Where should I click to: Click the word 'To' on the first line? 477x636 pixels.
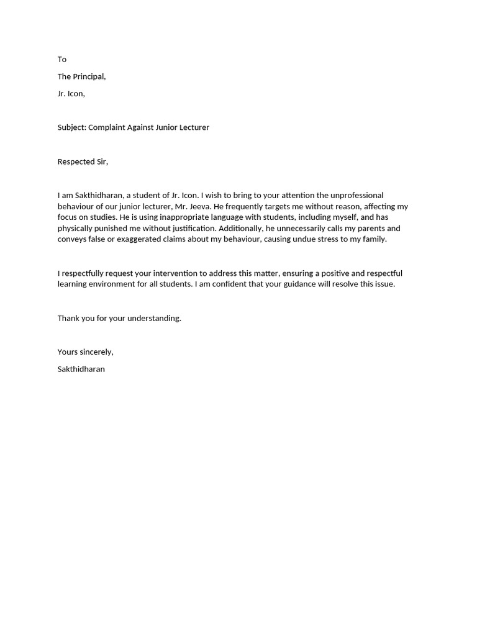(x=62, y=60)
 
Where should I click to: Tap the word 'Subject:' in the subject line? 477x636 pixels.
(x=72, y=127)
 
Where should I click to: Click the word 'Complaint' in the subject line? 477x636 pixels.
(x=107, y=127)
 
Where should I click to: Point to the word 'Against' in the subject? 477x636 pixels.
(x=142, y=127)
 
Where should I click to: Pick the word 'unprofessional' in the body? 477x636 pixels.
(x=357, y=195)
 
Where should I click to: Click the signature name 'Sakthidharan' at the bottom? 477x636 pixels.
(x=81, y=369)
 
